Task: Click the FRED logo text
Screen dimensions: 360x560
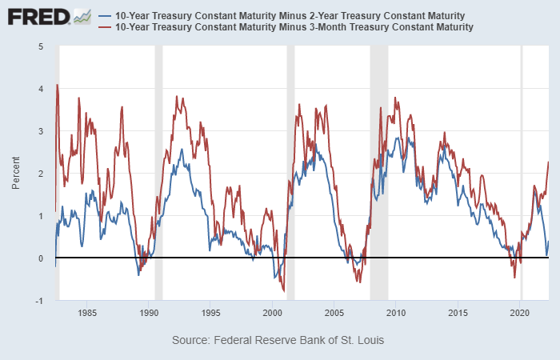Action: pos(38,17)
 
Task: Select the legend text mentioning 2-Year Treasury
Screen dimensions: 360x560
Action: pos(290,16)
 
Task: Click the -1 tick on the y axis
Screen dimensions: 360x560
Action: pos(39,300)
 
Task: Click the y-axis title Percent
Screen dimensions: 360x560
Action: pos(16,173)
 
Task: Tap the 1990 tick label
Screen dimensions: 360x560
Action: pos(149,313)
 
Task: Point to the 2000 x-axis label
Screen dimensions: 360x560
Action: pos(273,313)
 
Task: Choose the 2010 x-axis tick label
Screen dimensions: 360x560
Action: pos(397,313)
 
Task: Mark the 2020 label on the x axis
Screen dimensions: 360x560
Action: pos(521,313)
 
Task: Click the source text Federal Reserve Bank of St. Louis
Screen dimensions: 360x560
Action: pos(278,341)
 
